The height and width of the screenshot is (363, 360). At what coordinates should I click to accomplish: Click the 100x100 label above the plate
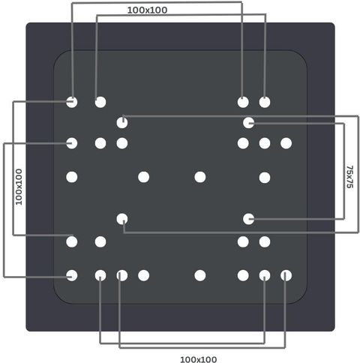point(147,10)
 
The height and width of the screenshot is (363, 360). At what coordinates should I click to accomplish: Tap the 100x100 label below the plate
point(198,359)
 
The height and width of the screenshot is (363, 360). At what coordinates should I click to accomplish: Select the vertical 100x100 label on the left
point(19,187)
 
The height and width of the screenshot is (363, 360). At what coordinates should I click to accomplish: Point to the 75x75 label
point(349,177)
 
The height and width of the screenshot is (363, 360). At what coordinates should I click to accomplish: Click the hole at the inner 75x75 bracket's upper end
point(248,123)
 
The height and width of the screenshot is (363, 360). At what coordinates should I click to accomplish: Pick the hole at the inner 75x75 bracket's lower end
point(248,219)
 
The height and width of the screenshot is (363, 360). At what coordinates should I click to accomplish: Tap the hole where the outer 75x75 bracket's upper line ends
point(122,123)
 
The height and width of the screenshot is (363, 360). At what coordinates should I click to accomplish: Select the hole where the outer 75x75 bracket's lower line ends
point(122,219)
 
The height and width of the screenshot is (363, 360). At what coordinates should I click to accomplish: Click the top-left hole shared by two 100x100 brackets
point(72,102)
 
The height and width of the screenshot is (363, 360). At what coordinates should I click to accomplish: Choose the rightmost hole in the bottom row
point(286,275)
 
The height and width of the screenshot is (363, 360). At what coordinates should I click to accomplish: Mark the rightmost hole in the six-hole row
point(286,143)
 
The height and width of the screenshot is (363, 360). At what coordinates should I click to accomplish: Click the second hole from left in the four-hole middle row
point(143,177)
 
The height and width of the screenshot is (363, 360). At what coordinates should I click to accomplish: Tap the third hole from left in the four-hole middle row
point(200,177)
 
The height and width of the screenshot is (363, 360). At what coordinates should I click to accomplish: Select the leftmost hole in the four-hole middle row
point(72,177)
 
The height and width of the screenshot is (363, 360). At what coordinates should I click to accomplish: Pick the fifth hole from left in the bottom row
point(200,275)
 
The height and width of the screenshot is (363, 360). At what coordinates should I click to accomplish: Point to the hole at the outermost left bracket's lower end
point(72,275)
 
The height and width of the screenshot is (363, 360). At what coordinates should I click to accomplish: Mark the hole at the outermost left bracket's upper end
point(72,143)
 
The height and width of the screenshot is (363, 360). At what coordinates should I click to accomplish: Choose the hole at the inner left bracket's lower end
point(72,241)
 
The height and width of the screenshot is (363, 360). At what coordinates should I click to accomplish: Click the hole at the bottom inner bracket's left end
point(100,275)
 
